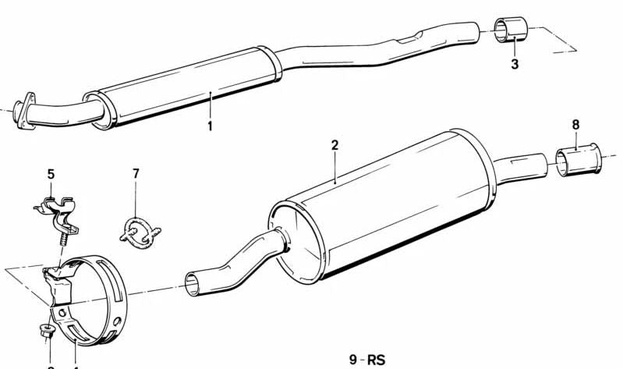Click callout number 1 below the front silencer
pyautogui.click(x=210, y=126)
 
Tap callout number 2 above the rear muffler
pyautogui.click(x=335, y=145)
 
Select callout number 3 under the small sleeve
pyautogui.click(x=515, y=64)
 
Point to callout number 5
pyautogui.click(x=51, y=174)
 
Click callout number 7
pyautogui.click(x=136, y=173)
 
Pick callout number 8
pyautogui.click(x=575, y=125)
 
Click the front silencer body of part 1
pyautogui.click(x=187, y=87)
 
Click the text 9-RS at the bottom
pyautogui.click(x=369, y=360)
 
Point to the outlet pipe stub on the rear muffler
pyautogui.click(x=522, y=166)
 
